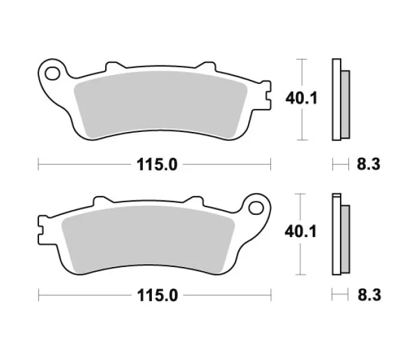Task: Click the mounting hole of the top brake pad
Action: point(52,73)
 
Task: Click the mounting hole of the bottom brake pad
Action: point(256,208)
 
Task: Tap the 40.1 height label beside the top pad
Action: point(301,98)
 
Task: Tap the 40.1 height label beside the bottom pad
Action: point(301,231)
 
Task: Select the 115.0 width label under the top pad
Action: point(157,164)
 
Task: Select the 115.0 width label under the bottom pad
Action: point(157,295)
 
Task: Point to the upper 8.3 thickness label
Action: point(369,164)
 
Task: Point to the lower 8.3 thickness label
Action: point(369,295)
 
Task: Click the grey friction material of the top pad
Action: point(160,104)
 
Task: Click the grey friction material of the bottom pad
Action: point(148,239)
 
